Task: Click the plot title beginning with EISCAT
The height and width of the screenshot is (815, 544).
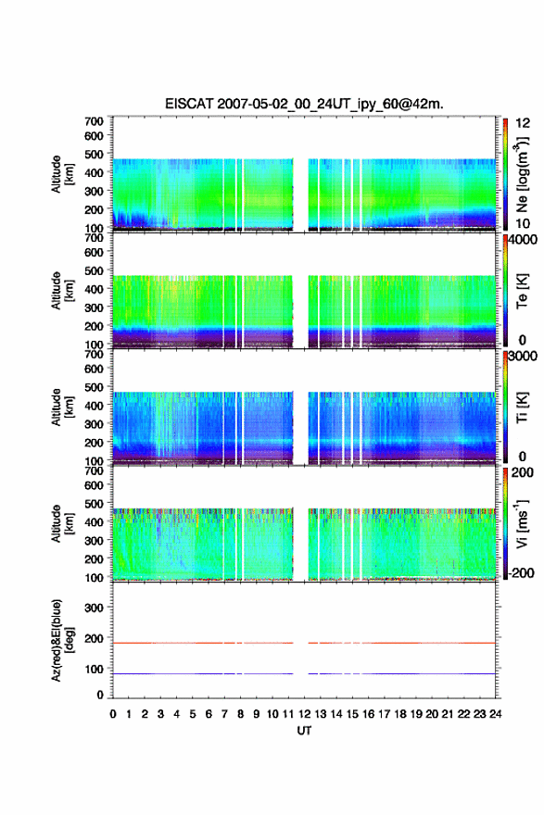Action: coord(304,104)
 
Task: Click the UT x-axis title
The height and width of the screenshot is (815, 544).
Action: coord(304,731)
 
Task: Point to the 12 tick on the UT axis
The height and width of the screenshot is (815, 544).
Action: coord(304,714)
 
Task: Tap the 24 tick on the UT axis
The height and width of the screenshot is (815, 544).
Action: coord(495,714)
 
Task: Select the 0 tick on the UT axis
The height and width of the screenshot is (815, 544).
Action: coord(113,714)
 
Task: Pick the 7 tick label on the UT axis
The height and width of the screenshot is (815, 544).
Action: coord(224,714)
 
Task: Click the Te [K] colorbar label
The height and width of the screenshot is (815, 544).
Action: coord(522,291)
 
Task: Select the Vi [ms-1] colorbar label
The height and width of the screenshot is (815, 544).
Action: coord(522,523)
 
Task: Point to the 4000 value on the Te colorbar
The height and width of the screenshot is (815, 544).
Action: coord(522,240)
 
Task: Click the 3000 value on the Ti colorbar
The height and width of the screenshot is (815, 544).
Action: coord(522,356)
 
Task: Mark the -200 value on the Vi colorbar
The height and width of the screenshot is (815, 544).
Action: coord(521,572)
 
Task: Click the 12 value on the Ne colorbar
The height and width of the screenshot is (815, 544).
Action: coord(523,123)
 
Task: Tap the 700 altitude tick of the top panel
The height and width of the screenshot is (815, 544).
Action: coord(94,121)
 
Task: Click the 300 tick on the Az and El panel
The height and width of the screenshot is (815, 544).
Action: coord(94,608)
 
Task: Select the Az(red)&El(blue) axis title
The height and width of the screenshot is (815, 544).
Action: coord(61,640)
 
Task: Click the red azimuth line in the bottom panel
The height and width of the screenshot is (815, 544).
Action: coord(304,643)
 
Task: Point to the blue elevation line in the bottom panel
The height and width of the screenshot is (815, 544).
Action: coord(304,673)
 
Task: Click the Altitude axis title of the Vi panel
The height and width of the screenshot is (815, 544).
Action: coord(61,523)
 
